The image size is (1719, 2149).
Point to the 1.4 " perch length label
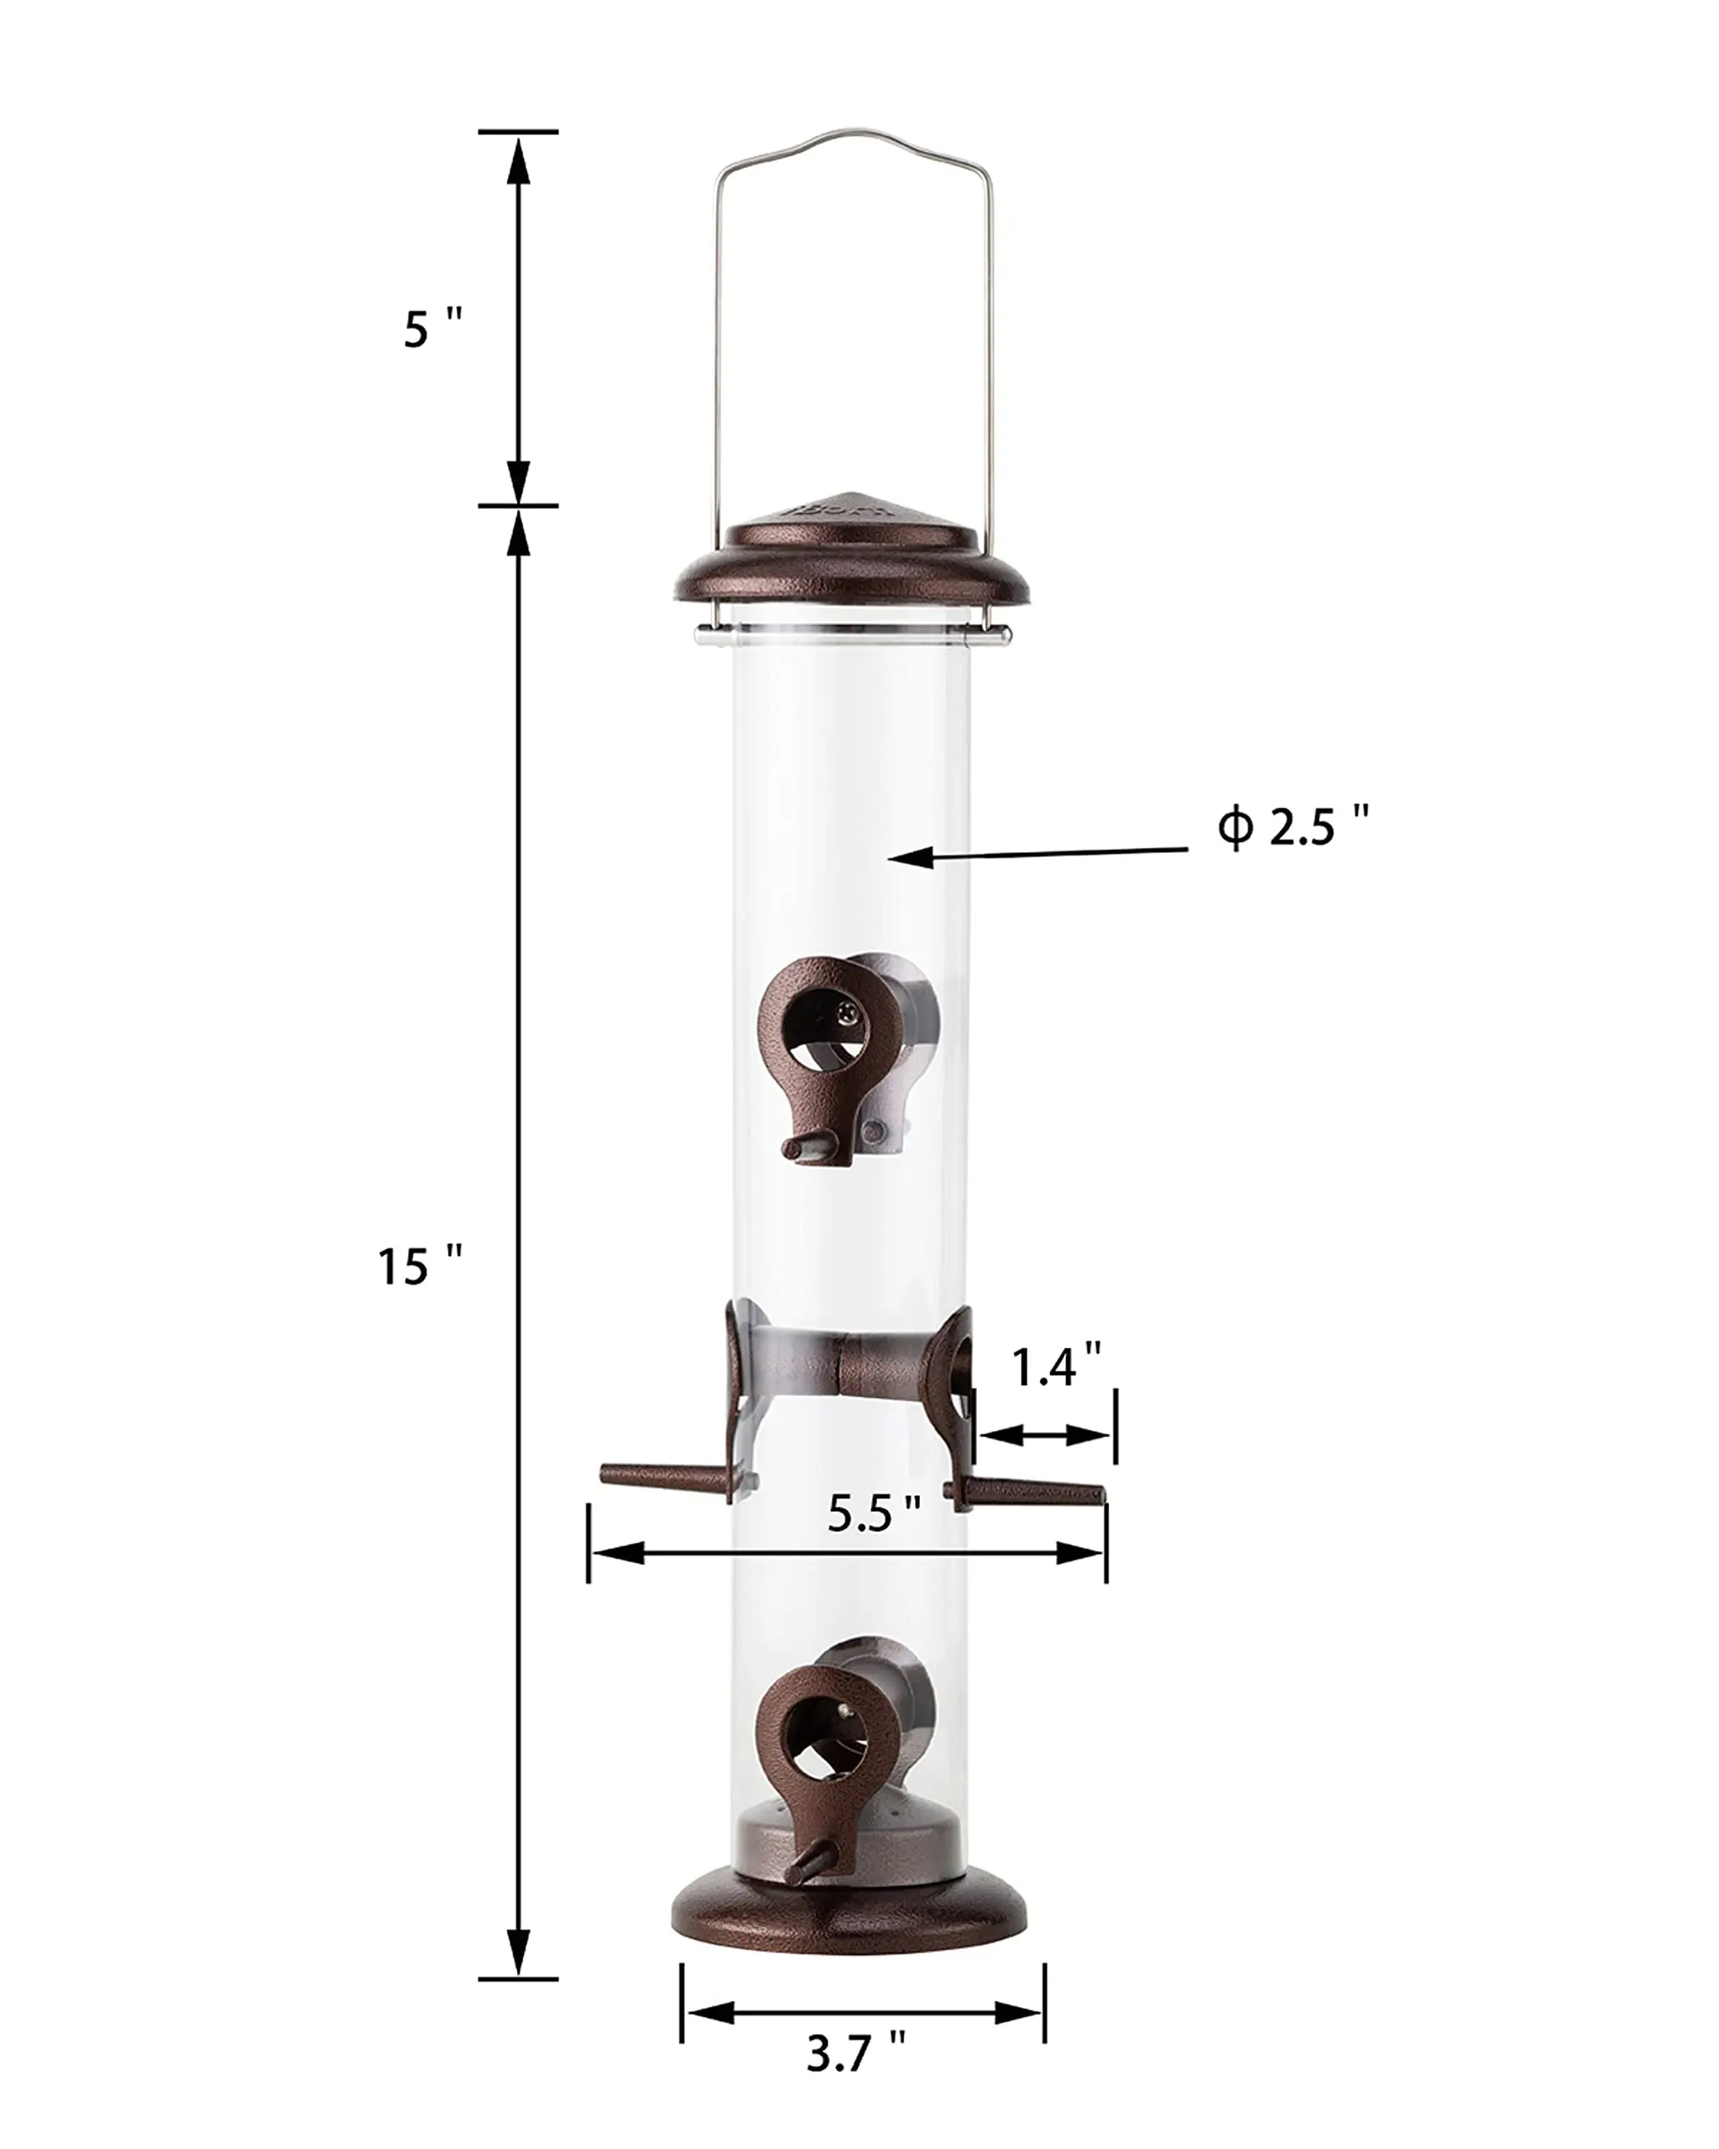(x=1056, y=1367)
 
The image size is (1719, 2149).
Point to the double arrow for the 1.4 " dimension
(x=1044, y=1435)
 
